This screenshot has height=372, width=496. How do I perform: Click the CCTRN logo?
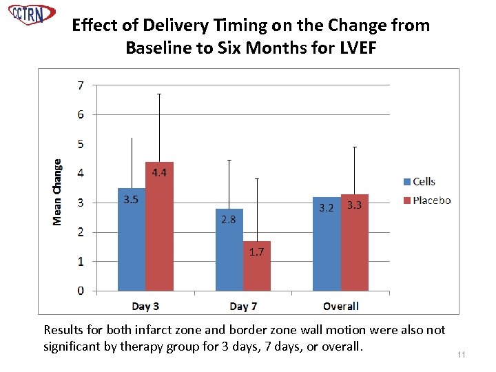click(31, 14)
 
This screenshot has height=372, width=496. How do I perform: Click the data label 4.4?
click(159, 173)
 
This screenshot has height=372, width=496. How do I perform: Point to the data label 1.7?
click(256, 252)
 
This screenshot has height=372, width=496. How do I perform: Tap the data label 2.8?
click(229, 220)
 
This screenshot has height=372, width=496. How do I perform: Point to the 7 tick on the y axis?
click(81, 85)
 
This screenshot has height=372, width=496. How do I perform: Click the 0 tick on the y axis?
click(81, 291)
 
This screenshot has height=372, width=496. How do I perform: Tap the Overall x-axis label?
click(340, 306)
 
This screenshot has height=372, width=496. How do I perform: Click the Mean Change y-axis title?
click(57, 192)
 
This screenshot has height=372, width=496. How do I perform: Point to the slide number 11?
click(462, 355)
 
